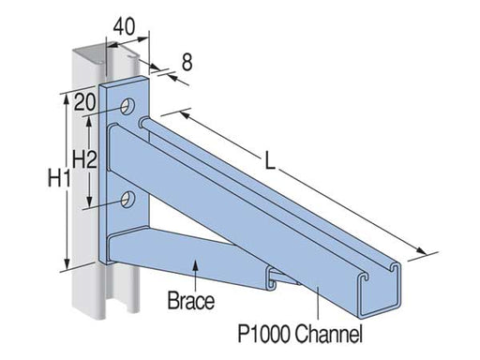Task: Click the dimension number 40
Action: pyautogui.click(x=124, y=26)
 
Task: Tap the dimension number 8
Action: pyautogui.click(x=187, y=62)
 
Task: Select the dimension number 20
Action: pyautogui.click(x=84, y=102)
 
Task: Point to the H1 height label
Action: pyautogui.click(x=59, y=178)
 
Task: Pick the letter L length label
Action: pyautogui.click(x=270, y=160)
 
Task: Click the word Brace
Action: pyautogui.click(x=191, y=301)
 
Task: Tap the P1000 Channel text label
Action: pyautogui.click(x=300, y=334)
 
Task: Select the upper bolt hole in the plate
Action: pyautogui.click(x=127, y=107)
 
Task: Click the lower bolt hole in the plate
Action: pyautogui.click(x=127, y=199)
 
